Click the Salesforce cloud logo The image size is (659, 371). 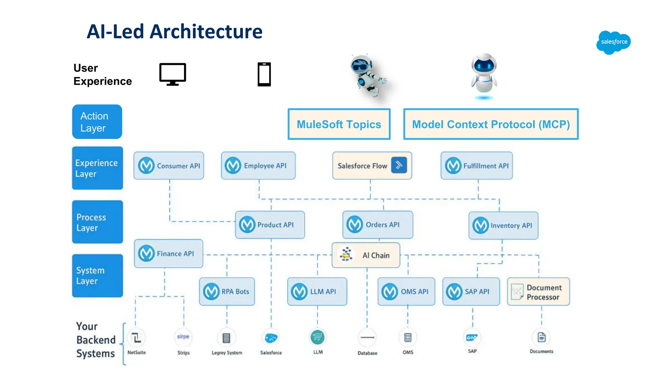pyautogui.click(x=613, y=42)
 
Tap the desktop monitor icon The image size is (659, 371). pyautogui.click(x=173, y=74)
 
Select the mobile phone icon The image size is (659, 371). pyautogui.click(x=264, y=74)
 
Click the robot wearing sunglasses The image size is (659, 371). pyautogui.click(x=367, y=75)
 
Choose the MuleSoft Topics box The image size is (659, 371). pyautogui.click(x=339, y=124)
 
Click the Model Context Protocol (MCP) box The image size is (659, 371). pyautogui.click(x=491, y=124)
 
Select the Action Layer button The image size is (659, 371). pyautogui.click(x=97, y=122)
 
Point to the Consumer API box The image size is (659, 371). pyautogui.click(x=169, y=166)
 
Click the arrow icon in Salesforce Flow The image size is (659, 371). pyautogui.click(x=399, y=165)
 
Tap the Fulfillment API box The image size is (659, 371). pyautogui.click(x=477, y=166)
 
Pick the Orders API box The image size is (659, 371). pyautogui.click(x=377, y=224)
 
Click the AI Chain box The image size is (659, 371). pyautogui.click(x=366, y=255)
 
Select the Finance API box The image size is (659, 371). pyautogui.click(x=168, y=253)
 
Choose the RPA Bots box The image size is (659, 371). pyautogui.click(x=227, y=291)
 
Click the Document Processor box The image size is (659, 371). pyautogui.click(x=538, y=292)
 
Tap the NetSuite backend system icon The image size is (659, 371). pyautogui.click(x=136, y=338)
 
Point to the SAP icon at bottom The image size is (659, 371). pyautogui.click(x=472, y=338)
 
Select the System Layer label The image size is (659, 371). pyautogui.click(x=97, y=276)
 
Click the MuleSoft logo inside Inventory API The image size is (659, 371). pyautogui.click(x=481, y=225)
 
